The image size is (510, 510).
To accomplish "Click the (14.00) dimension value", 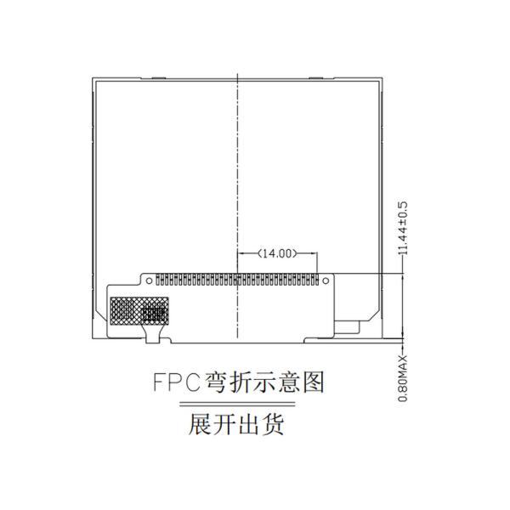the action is (277, 253).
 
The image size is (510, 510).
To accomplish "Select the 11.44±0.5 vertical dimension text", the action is (403, 229).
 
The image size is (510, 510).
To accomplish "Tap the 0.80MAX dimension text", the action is (403, 378).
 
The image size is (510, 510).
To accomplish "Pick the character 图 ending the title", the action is (313, 382).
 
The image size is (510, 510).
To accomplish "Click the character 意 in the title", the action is (289, 382).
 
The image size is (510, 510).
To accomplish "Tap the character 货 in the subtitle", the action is (273, 424).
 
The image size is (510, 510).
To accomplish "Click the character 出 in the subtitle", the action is (249, 424).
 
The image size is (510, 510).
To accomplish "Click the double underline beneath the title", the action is (237, 404).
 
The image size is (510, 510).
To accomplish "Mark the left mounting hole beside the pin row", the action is (149, 280).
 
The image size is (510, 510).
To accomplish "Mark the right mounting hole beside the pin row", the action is (326, 280).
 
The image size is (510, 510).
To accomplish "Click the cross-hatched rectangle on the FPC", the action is (139, 310).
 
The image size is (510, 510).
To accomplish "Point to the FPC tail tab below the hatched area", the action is (152, 334).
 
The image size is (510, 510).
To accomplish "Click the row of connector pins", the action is (237, 280).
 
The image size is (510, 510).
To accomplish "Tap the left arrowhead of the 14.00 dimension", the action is (241, 253).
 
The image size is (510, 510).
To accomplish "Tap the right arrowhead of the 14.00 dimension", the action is (314, 253).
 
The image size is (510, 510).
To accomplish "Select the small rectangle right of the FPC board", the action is (347, 327).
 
